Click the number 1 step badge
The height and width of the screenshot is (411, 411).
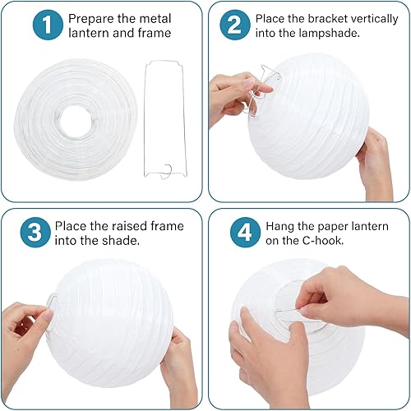tap(48, 25)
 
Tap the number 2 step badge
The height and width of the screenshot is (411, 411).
tap(235, 25)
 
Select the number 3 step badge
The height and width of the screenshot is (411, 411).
tap(35, 233)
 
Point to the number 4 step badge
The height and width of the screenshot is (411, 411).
tap(245, 233)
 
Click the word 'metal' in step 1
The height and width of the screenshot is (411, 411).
tap(155, 19)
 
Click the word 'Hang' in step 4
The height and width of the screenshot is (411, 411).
tap(279, 227)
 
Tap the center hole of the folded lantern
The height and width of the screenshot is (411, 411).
tap(76, 121)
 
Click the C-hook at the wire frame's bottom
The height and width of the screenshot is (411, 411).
tap(166, 172)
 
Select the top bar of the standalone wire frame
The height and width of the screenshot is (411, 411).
tap(164, 62)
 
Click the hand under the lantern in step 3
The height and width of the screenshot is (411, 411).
tap(179, 368)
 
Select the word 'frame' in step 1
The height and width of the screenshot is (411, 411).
tap(155, 33)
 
